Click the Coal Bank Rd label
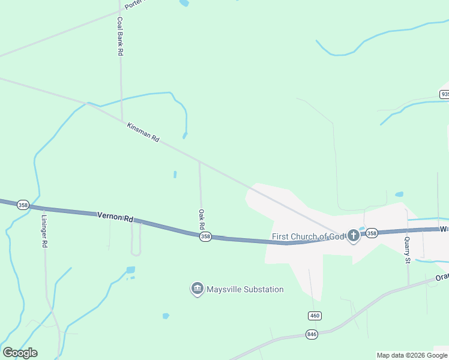pyautogui.click(x=120, y=36)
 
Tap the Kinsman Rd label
pyautogui.click(x=143, y=132)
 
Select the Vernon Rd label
pyautogui.click(x=115, y=217)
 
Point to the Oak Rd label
pyautogui.click(x=202, y=219)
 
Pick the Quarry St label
pyautogui.click(x=407, y=249)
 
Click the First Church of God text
pyautogui.click(x=308, y=236)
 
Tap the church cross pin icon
pyautogui.click(x=353, y=237)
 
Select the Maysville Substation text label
pyautogui.click(x=245, y=289)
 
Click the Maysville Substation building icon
pyautogui.click(x=197, y=289)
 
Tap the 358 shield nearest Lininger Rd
pyautogui.click(x=23, y=205)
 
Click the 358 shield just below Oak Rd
pyautogui.click(x=205, y=237)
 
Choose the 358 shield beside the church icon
pyautogui.click(x=372, y=233)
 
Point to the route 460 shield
pyautogui.click(x=314, y=316)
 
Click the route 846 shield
pyautogui.click(x=312, y=334)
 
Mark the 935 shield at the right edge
pyautogui.click(x=444, y=94)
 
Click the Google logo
pyautogui.click(x=20, y=353)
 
